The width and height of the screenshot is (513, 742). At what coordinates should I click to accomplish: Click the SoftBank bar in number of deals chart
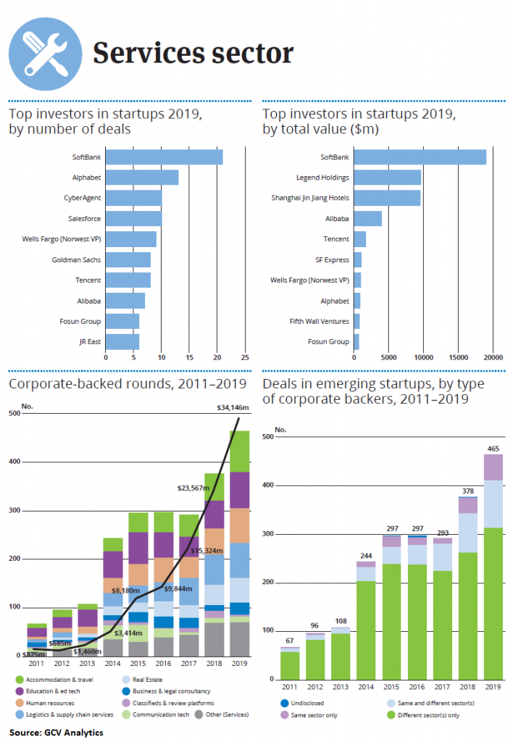pyautogui.click(x=164, y=157)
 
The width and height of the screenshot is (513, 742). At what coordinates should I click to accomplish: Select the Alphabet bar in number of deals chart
pyautogui.click(x=142, y=177)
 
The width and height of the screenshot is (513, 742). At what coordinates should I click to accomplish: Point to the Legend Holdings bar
pyautogui.click(x=388, y=178)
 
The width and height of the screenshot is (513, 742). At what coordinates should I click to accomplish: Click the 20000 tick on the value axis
pyautogui.click(x=493, y=357)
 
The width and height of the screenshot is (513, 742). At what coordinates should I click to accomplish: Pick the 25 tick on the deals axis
pyautogui.click(x=245, y=357)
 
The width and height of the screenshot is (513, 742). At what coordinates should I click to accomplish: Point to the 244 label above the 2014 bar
pyautogui.click(x=365, y=556)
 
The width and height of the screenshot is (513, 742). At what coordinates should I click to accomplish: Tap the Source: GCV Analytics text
pyautogui.click(x=56, y=732)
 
